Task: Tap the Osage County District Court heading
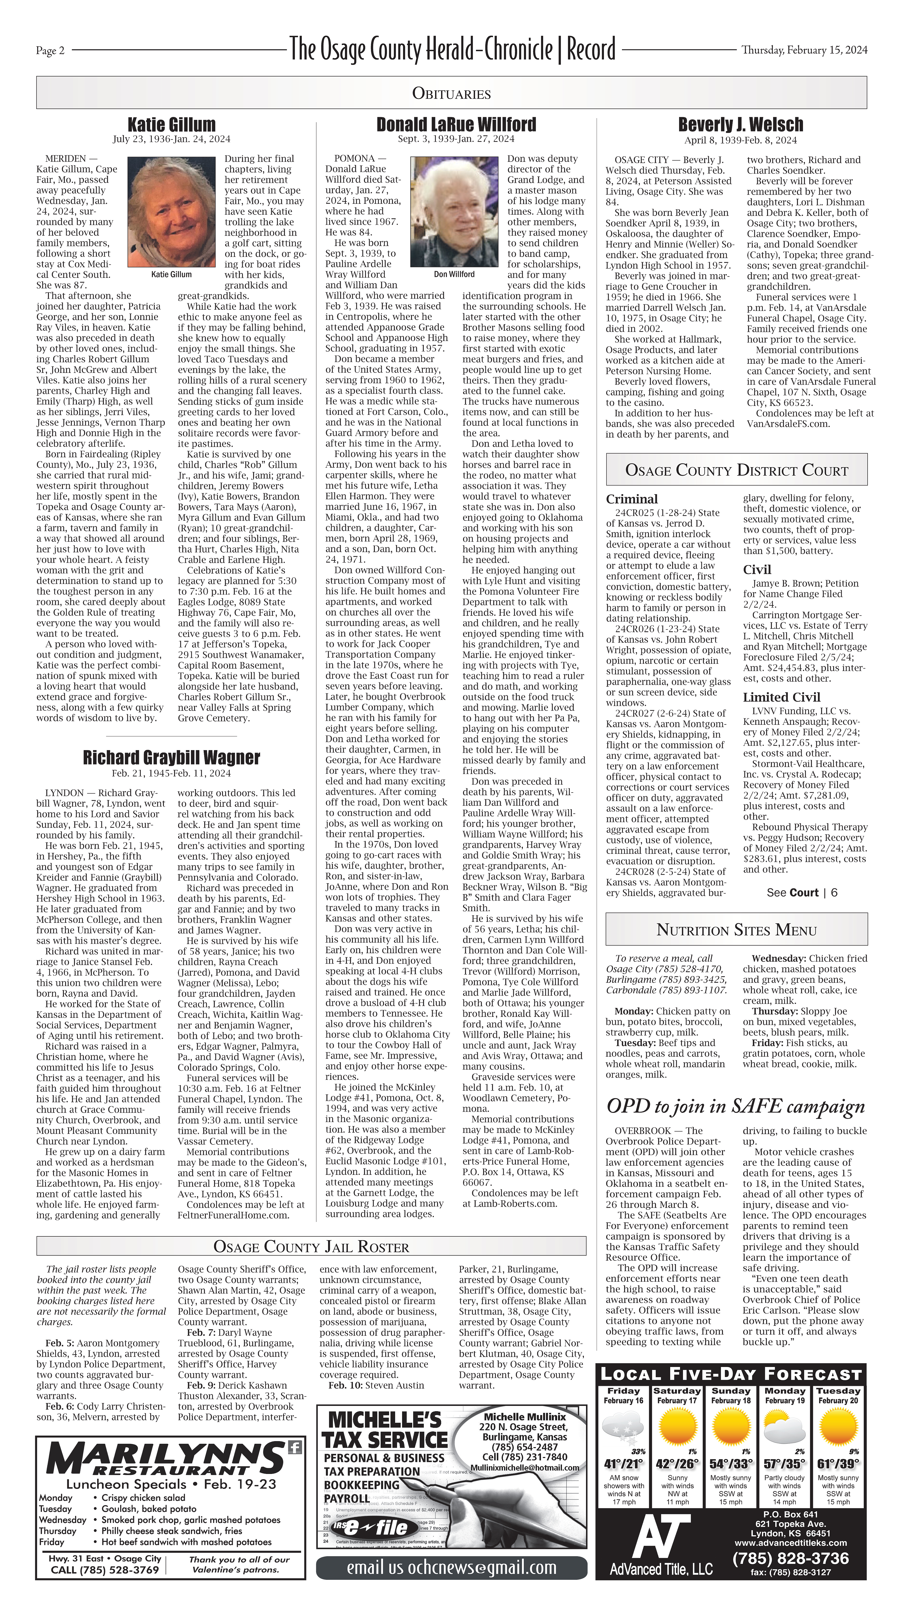click(x=737, y=471)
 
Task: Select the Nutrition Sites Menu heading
click(x=737, y=930)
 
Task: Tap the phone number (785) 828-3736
click(x=790, y=1558)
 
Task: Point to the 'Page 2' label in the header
click(x=50, y=51)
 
